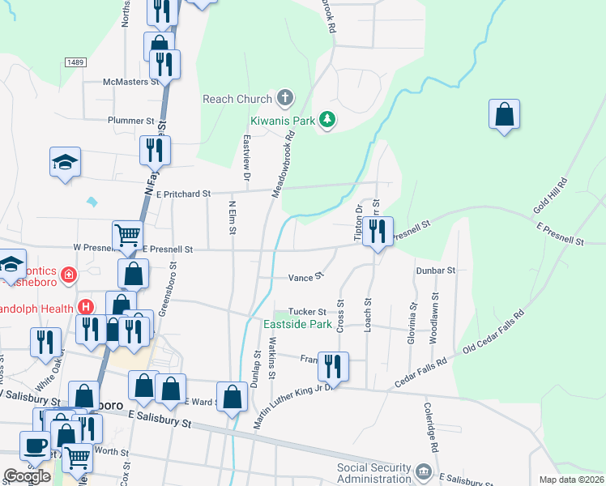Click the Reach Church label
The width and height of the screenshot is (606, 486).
pos(237,100)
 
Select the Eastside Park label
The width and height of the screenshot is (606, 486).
pos(298,325)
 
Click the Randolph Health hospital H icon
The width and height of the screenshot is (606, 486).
pos(84,307)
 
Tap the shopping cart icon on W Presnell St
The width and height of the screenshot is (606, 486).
pos(128,236)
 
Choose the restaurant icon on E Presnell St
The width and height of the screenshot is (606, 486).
pos(378,232)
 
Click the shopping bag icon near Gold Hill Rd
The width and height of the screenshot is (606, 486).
pos(504,115)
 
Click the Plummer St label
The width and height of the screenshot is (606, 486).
pos(130,120)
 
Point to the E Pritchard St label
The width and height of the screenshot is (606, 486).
pos(183,194)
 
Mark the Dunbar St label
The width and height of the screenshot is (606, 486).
pos(436,271)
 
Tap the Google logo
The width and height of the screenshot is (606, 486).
pos(28,476)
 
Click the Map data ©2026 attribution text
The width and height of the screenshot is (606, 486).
pos(572,480)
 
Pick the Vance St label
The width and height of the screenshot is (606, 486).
pos(306,277)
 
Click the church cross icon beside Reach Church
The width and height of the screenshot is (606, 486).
pos(284,99)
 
